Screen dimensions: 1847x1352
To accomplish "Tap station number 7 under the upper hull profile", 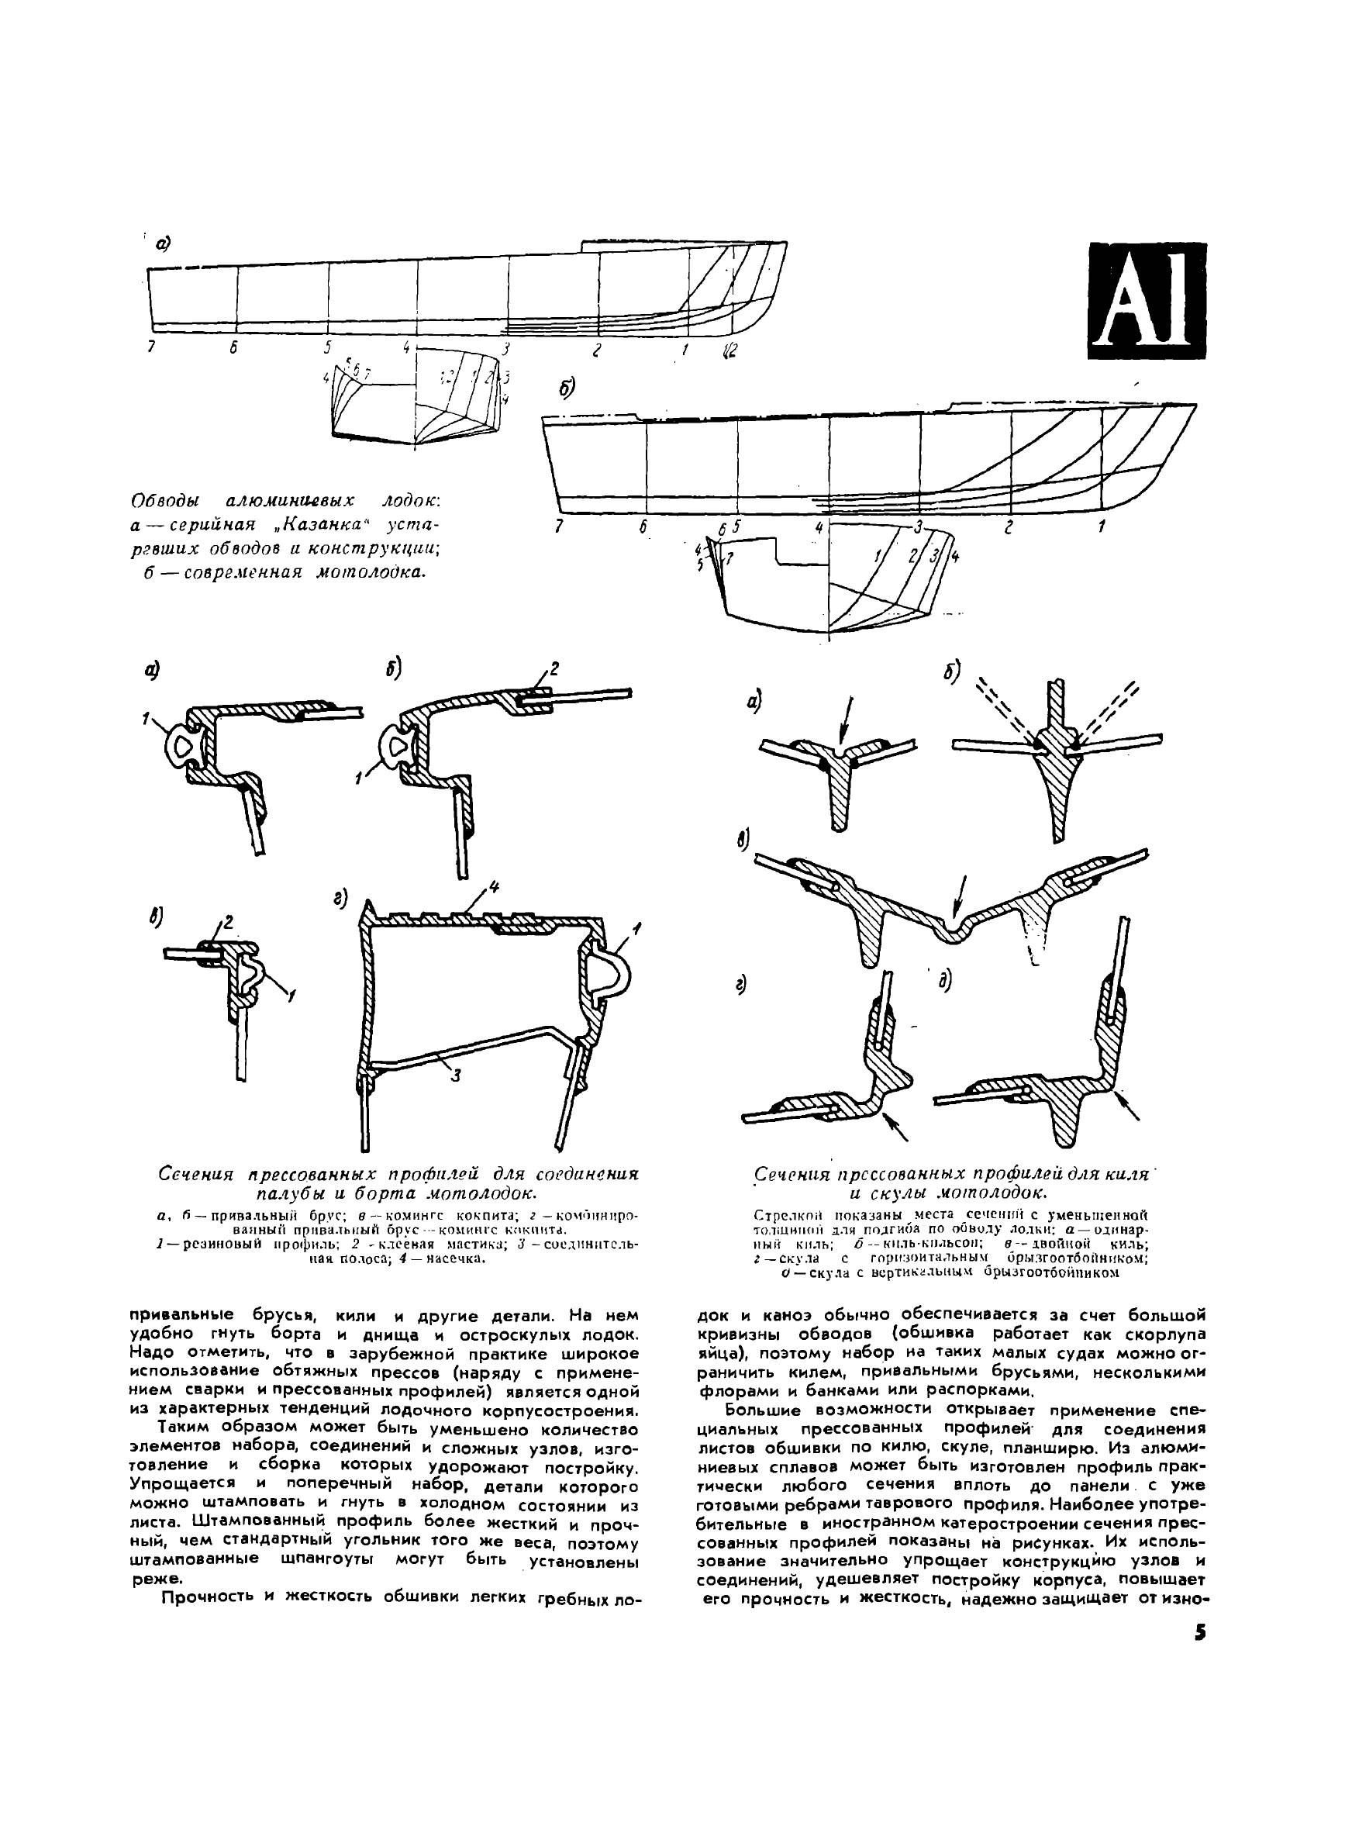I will coord(151,347).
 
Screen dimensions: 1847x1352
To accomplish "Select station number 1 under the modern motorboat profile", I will coord(1102,527).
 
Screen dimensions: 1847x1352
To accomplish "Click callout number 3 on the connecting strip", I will coord(455,1075).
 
